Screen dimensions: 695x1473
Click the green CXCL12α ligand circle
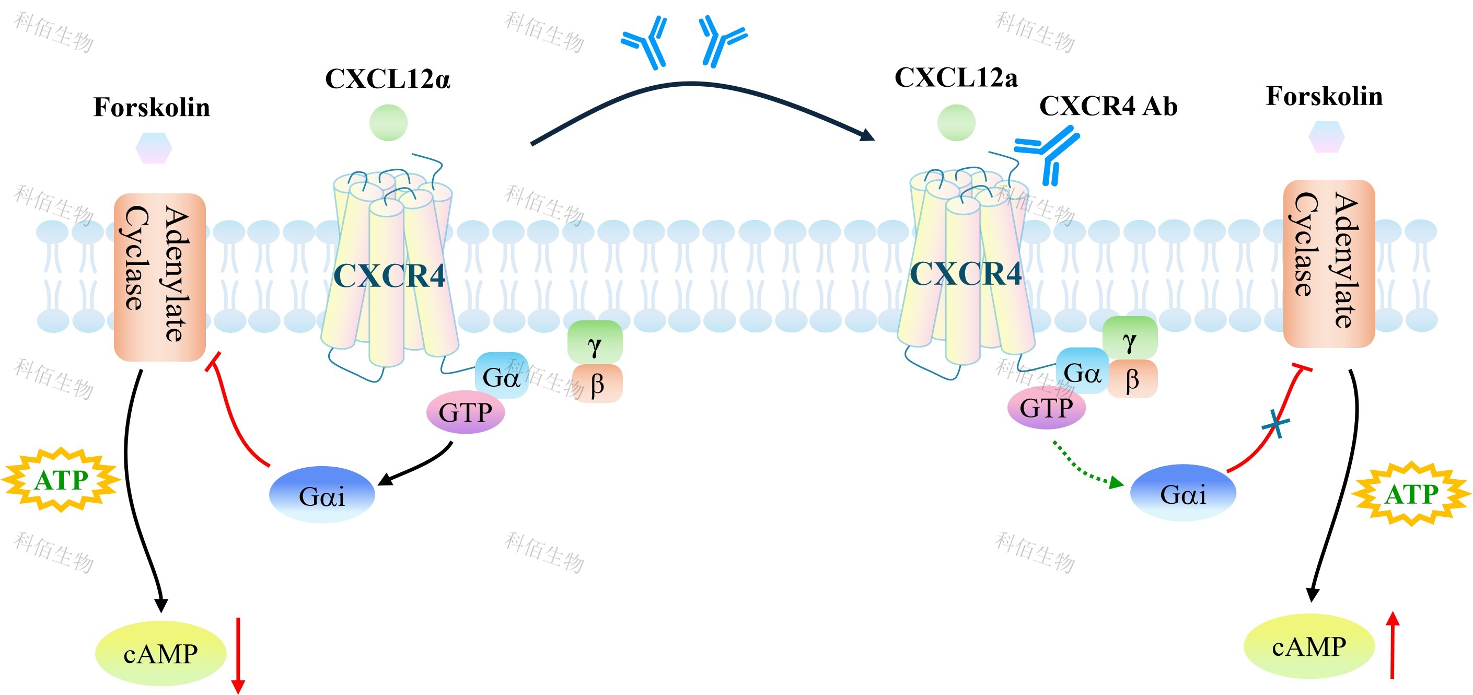pyautogui.click(x=388, y=122)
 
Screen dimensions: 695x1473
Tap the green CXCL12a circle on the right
pyautogui.click(x=956, y=122)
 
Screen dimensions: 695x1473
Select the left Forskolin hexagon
pyautogui.click(x=153, y=148)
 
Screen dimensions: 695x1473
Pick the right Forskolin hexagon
pyautogui.click(x=1326, y=137)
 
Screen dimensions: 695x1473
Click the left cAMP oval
pyautogui.click(x=161, y=653)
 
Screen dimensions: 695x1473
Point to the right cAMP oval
pyautogui.click(x=1309, y=646)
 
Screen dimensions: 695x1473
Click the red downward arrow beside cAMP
pyautogui.click(x=238, y=655)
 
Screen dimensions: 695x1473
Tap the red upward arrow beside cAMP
pyautogui.click(x=1393, y=645)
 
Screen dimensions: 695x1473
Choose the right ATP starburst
pyautogui.click(x=1411, y=494)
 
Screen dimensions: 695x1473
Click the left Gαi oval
pyautogui.click(x=322, y=495)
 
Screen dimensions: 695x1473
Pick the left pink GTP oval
pyautogui.click(x=466, y=412)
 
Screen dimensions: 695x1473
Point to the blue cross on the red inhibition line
pyautogui.click(x=1275, y=424)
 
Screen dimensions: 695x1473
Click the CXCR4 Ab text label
pyautogui.click(x=1108, y=106)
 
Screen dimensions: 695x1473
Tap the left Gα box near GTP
pyautogui.click(x=501, y=376)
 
